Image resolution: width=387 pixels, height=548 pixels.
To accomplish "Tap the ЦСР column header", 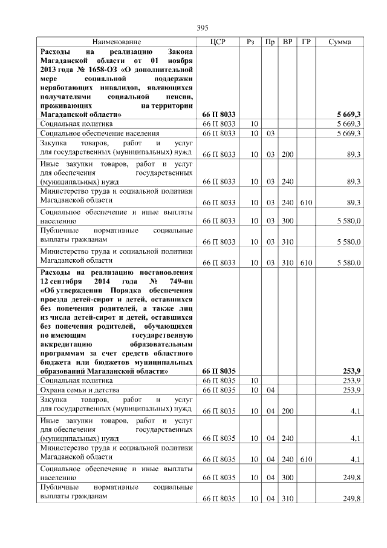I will (x=218, y=42).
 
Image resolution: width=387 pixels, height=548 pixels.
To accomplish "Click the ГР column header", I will (x=306, y=42).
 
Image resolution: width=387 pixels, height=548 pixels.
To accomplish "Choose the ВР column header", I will (x=288, y=42).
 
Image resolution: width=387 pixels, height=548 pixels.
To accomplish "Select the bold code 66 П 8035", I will (x=219, y=371).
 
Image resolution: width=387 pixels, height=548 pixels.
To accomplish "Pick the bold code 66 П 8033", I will (x=219, y=114).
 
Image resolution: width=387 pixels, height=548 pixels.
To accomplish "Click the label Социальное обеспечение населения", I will (x=100, y=133).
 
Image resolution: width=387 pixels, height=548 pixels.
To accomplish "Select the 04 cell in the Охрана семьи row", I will (x=270, y=391).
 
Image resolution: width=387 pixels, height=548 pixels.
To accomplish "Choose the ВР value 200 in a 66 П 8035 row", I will (x=287, y=412).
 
